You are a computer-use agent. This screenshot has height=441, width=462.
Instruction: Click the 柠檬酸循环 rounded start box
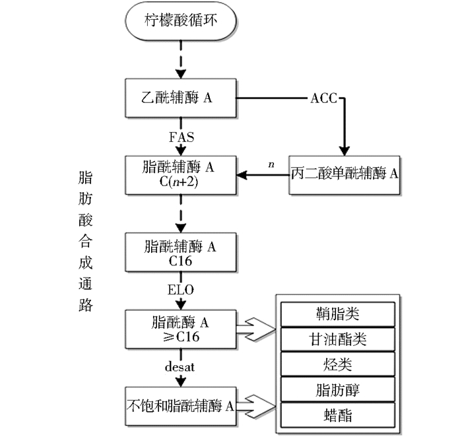coord(181,21)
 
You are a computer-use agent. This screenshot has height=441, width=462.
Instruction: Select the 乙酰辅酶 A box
coord(181,98)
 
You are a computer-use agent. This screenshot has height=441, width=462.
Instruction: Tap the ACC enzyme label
coord(323,98)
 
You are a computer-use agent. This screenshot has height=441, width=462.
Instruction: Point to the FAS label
coord(181,137)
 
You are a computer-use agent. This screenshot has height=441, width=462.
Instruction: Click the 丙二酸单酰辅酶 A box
coord(344,175)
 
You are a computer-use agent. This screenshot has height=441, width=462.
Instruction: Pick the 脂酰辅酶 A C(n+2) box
coord(181,175)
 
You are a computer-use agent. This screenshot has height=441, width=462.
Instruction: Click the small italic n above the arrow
coord(271,164)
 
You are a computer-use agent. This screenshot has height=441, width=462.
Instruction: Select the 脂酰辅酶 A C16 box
coord(181,252)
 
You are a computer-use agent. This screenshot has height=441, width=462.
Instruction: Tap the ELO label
coord(181,290)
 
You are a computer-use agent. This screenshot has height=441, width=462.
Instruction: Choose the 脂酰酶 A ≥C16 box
coord(181,329)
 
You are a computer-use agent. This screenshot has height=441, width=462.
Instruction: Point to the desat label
coord(180,366)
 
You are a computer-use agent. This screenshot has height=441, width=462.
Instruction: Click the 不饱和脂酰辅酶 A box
coord(181,406)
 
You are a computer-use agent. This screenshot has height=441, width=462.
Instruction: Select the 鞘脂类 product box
coord(338,314)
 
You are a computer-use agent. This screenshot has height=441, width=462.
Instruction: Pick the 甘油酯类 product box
coord(338,339)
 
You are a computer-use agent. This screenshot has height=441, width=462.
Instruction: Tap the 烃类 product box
coord(338,364)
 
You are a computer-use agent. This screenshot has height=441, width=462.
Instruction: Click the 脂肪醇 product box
coord(338,390)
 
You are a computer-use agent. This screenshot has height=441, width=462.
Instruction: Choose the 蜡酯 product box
coord(338,415)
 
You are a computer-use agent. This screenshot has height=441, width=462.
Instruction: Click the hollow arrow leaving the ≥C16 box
coord(256,329)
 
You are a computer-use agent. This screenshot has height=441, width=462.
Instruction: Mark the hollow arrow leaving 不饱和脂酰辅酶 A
coord(256,407)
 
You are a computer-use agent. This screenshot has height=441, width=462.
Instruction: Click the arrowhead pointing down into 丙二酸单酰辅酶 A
coord(344,151)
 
